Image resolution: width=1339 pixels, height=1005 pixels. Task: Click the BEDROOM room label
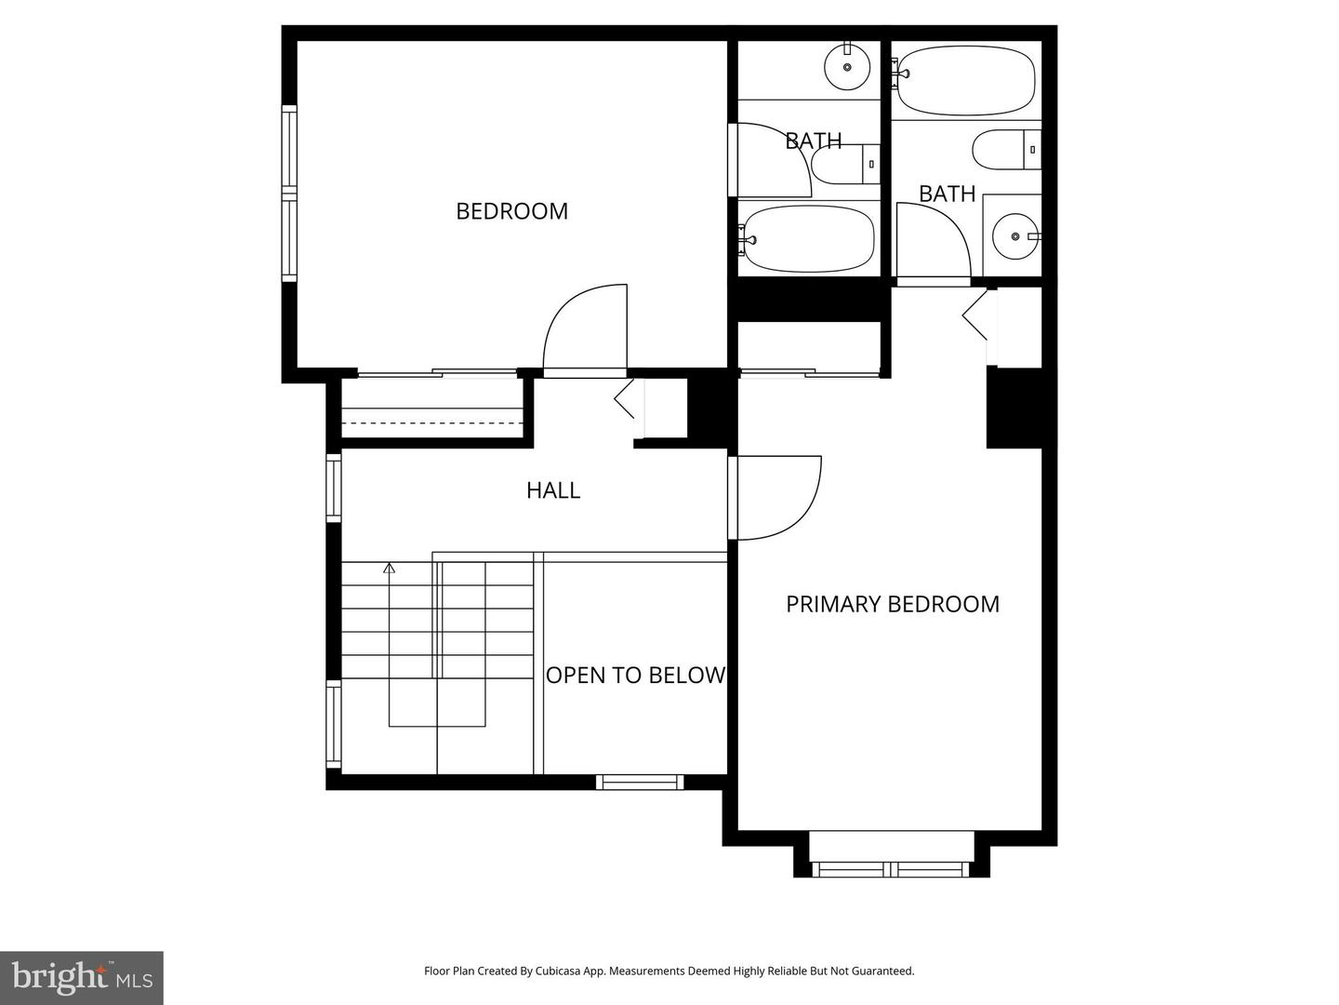point(511,211)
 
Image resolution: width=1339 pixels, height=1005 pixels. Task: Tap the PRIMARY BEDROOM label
point(892,604)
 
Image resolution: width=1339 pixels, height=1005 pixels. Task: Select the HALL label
point(553,490)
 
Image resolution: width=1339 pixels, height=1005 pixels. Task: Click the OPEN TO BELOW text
point(635,676)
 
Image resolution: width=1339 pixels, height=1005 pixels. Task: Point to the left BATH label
point(814,141)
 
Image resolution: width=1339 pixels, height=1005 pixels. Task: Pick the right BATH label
point(947,194)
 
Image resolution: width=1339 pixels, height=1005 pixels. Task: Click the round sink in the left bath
point(847,66)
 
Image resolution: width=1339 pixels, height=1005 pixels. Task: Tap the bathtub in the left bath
point(809,238)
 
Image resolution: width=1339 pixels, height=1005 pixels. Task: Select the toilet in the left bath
point(844,164)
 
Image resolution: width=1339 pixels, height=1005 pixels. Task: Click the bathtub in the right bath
point(965,80)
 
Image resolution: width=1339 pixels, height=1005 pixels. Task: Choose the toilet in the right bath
point(1004,150)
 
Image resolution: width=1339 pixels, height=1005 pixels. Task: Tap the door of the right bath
point(933,242)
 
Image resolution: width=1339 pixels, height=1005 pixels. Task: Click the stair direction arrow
point(389,568)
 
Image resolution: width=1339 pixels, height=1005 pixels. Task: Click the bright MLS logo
point(81,977)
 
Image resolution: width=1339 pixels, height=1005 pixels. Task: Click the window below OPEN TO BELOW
point(640,782)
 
